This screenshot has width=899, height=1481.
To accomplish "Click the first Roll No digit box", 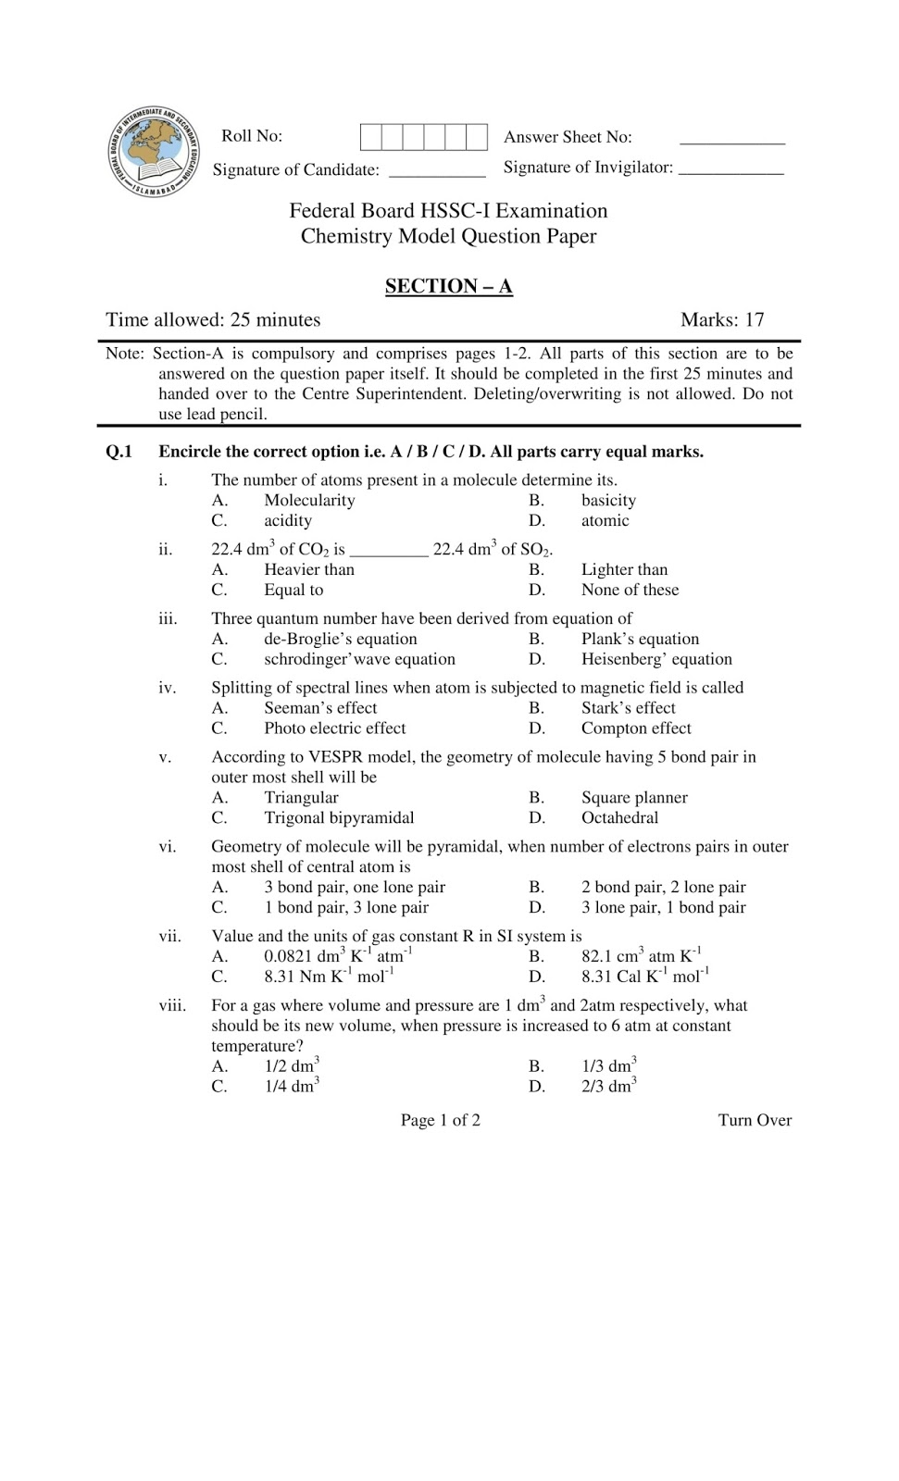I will pyautogui.click(x=370, y=137).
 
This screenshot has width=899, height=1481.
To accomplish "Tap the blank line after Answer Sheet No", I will pyautogui.click(x=731, y=143).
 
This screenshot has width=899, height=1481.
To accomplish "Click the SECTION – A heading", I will pyautogui.click(x=448, y=286).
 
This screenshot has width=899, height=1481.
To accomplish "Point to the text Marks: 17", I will pyautogui.click(x=722, y=320).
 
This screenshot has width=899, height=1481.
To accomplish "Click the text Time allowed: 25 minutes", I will pyautogui.click(x=213, y=320).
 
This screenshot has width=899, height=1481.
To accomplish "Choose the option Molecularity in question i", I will pyautogui.click(x=309, y=501).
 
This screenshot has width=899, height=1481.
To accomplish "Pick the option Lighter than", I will pyautogui.click(x=624, y=570).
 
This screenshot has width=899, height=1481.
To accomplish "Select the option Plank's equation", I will pyautogui.click(x=640, y=640).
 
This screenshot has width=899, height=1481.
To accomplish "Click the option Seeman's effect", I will pyautogui.click(x=320, y=708).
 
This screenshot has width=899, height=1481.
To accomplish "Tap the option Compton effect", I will pyautogui.click(x=636, y=728).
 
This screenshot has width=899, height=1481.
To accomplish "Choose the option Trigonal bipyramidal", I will pyautogui.click(x=339, y=818).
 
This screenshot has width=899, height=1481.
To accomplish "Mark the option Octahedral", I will pyautogui.click(x=619, y=818).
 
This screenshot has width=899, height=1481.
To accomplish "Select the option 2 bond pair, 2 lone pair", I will pyautogui.click(x=663, y=888).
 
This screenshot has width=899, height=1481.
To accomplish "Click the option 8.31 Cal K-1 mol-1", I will pyautogui.click(x=644, y=977).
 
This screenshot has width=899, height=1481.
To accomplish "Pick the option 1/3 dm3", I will pyautogui.click(x=608, y=1066).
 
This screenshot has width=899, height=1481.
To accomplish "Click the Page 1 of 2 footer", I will pyautogui.click(x=440, y=1121).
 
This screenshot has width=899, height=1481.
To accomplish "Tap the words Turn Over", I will pyautogui.click(x=755, y=1121).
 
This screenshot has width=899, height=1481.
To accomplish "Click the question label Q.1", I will pyautogui.click(x=119, y=453).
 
